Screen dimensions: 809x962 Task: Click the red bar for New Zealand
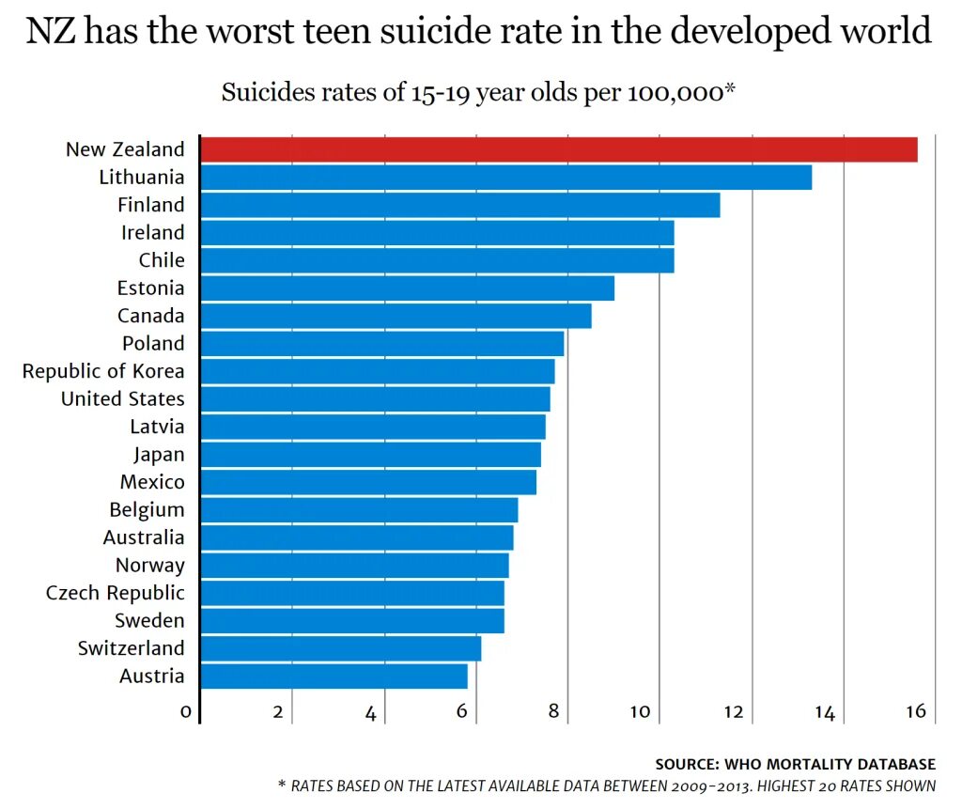tap(559, 149)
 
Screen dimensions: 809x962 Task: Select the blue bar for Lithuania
tap(505, 177)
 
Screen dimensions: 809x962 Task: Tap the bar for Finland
tap(460, 205)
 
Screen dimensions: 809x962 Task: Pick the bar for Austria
tap(334, 676)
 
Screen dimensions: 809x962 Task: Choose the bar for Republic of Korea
tap(378, 371)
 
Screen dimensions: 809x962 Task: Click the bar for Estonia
tap(408, 288)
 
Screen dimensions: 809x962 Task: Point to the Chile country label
tap(162, 260)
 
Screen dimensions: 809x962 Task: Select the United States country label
tap(123, 398)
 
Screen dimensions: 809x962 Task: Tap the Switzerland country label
tap(132, 648)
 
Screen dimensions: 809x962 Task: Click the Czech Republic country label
tap(116, 593)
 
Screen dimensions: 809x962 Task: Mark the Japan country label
tap(159, 455)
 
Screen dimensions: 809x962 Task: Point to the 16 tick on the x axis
tap(917, 711)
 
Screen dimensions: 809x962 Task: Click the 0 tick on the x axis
tap(186, 712)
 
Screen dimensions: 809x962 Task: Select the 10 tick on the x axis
tap(641, 711)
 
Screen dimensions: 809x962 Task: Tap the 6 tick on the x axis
tap(462, 711)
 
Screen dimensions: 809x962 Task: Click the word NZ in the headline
tap(52, 33)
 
